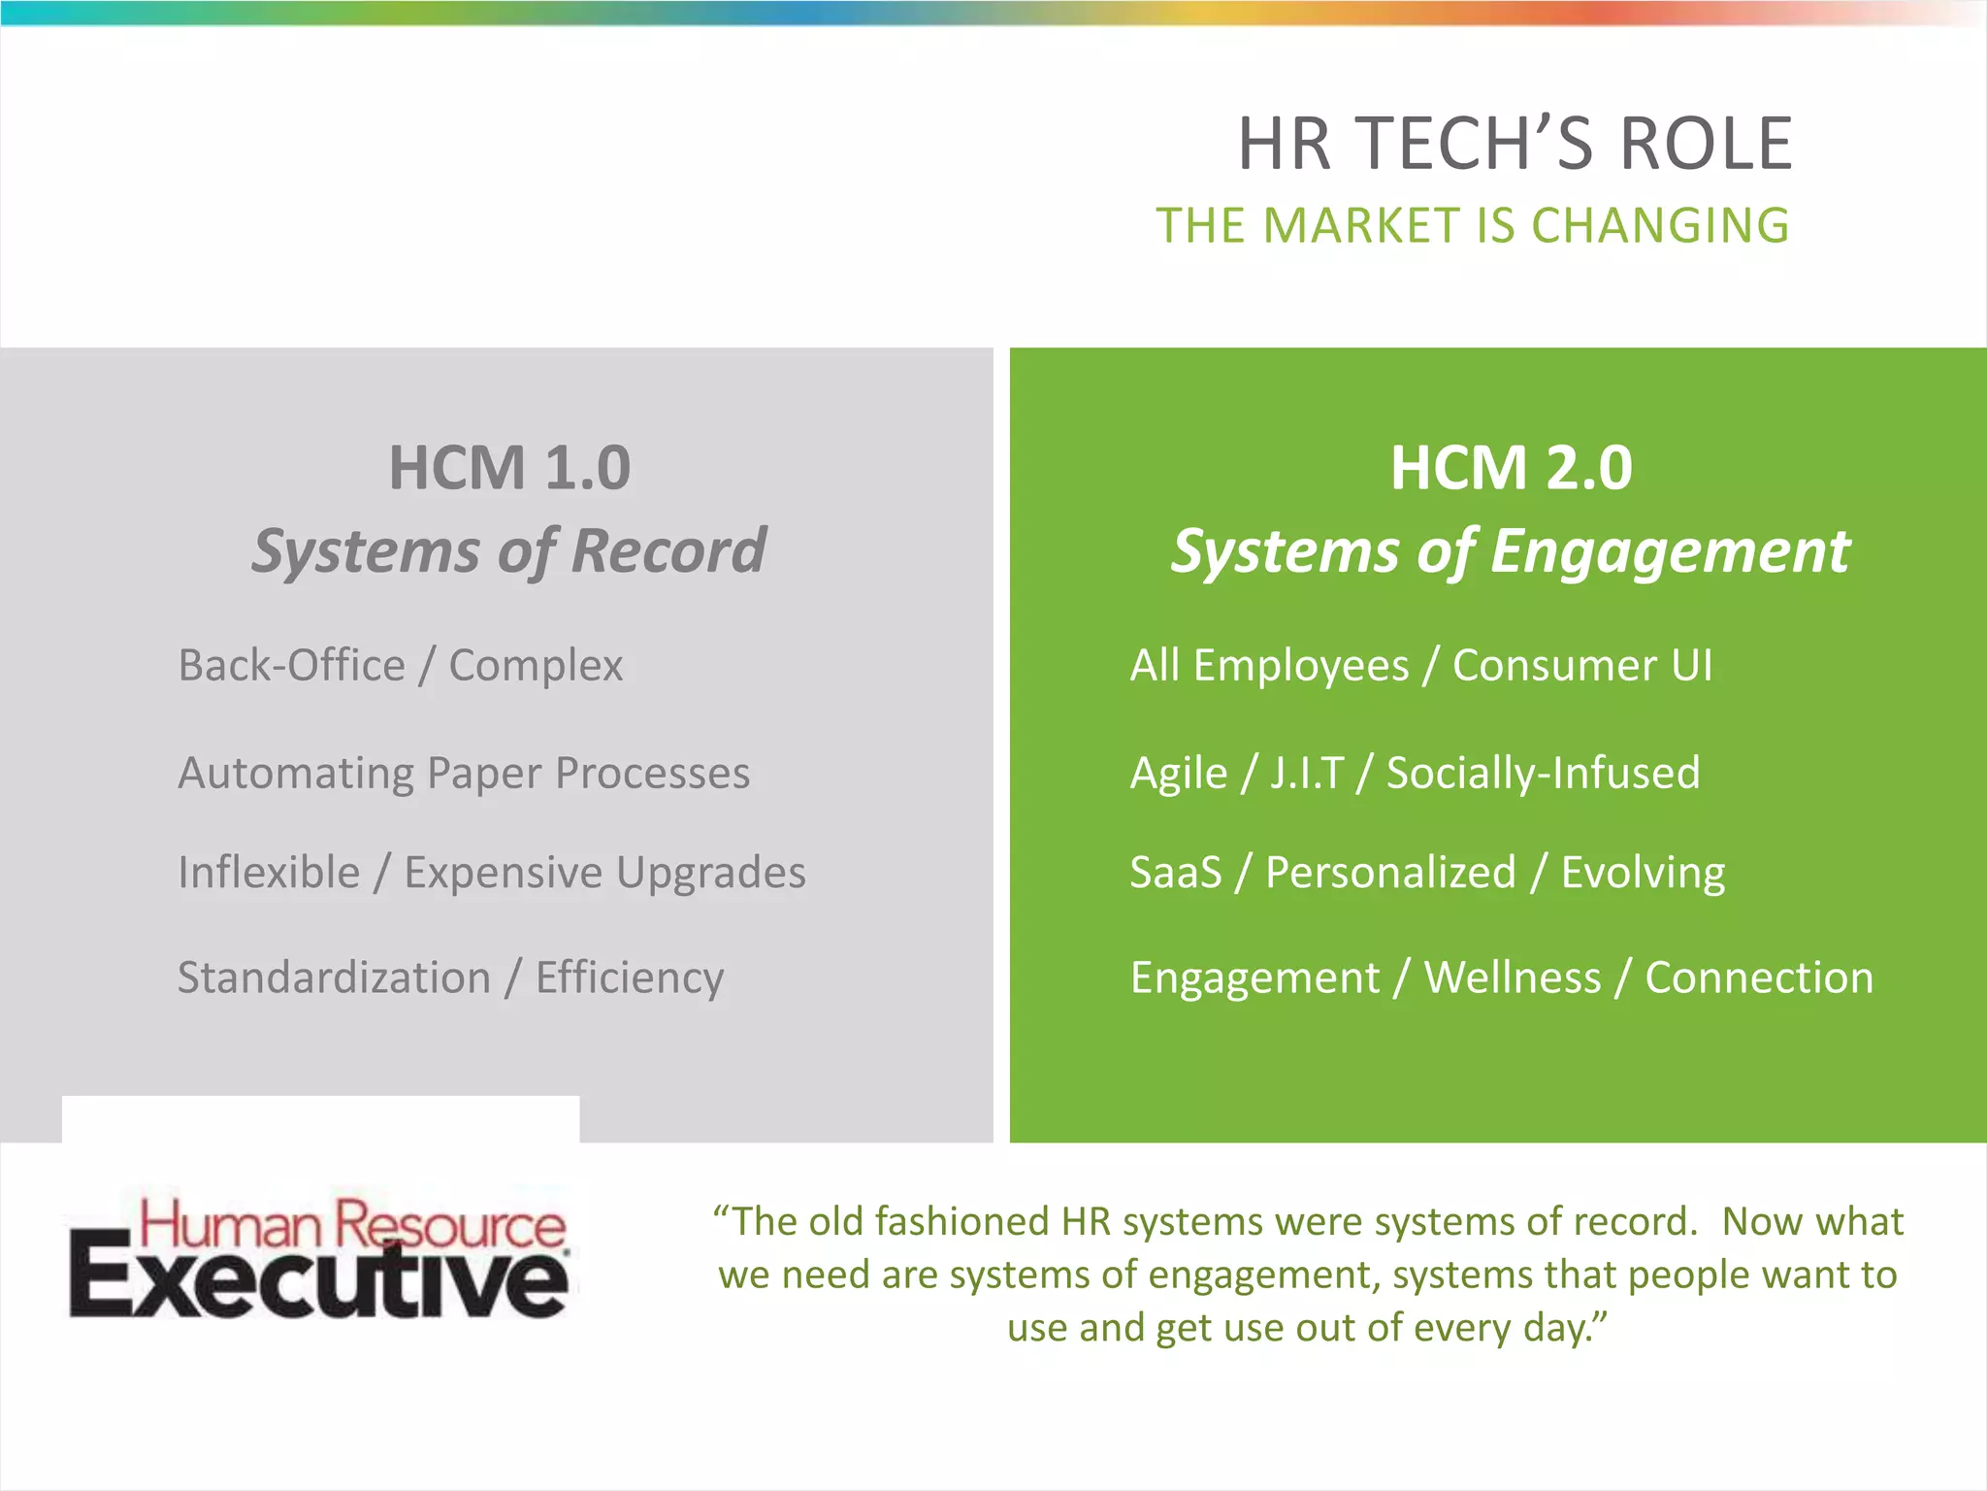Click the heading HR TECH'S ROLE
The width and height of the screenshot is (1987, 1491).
click(x=1515, y=144)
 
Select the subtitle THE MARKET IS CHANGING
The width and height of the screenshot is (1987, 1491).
click(x=1472, y=226)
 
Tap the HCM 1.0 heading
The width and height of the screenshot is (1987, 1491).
click(x=509, y=468)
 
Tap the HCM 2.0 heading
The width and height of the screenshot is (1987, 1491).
click(x=1511, y=468)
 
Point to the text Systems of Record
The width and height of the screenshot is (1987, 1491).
click(x=509, y=550)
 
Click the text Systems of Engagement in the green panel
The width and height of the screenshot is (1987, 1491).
click(x=1511, y=550)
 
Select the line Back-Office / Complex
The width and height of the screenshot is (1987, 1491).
click(x=400, y=666)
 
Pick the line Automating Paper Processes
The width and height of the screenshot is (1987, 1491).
click(x=464, y=774)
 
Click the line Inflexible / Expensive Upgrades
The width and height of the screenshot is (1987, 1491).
click(x=492, y=873)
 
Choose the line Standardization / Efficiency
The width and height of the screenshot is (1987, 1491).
click(x=450, y=977)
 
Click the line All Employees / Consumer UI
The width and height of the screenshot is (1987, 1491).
click(x=1421, y=666)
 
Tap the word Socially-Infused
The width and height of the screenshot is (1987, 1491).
click(x=1543, y=774)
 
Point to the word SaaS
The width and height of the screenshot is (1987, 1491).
click(x=1176, y=873)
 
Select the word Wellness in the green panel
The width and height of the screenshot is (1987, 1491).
click(x=1512, y=977)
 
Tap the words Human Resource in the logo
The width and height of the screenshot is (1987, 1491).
click(x=352, y=1223)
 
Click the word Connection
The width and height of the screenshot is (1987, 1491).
click(x=1759, y=977)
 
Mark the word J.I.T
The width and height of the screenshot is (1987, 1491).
click(x=1307, y=774)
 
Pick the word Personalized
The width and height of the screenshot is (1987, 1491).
click(x=1390, y=873)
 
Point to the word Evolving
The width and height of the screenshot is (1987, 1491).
click(x=1643, y=873)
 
